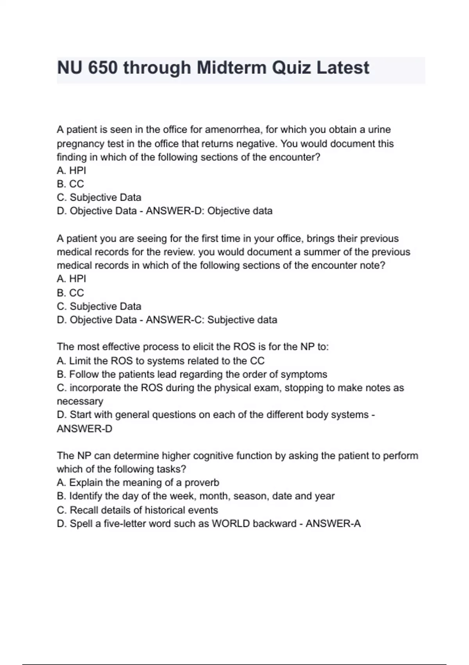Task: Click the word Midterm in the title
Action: click(231, 68)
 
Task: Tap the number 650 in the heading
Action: click(102, 68)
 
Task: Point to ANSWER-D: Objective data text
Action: click(209, 211)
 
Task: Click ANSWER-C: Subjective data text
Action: click(211, 320)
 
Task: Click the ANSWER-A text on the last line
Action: click(333, 523)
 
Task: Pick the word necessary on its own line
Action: click(80, 401)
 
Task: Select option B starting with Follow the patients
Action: click(192, 374)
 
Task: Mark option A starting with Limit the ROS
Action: click(161, 361)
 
